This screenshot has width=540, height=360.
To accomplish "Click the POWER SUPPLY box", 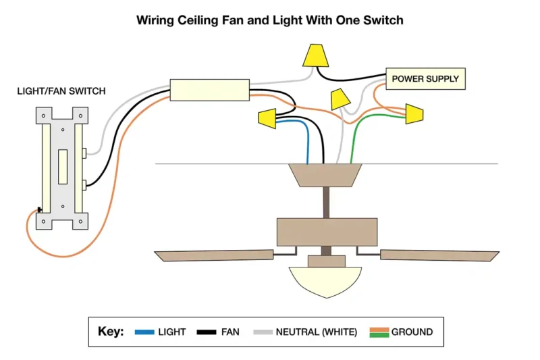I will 425,79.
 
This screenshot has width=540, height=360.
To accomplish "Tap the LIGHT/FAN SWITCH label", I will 61,91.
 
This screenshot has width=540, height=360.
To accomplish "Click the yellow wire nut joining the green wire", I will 414,113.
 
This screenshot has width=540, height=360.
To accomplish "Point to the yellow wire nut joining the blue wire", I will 267,118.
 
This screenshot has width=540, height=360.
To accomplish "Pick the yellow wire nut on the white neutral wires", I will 340,100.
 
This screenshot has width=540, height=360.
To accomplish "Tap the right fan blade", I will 439,255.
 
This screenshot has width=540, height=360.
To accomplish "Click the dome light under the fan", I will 326,281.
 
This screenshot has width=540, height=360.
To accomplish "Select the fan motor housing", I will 327,232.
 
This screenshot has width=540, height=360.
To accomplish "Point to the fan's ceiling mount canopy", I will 325,175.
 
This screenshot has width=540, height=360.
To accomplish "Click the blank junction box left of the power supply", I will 209,90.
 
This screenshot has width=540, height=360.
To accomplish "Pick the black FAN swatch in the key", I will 207,332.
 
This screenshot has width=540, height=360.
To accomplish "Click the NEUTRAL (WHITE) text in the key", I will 317,332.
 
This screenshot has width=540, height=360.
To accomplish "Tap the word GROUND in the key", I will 412,332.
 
